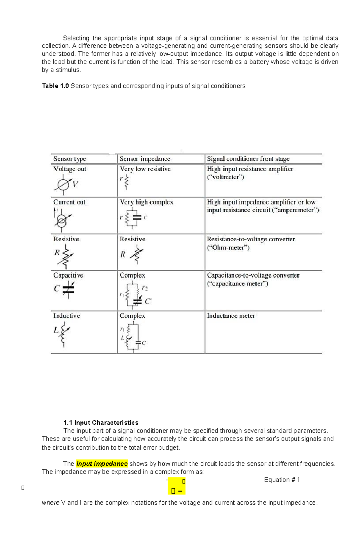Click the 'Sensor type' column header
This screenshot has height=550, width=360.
70,159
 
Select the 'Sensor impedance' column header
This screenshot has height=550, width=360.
145,159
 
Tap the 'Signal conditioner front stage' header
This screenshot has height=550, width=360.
248,159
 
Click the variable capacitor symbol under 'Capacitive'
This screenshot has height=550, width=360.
68,290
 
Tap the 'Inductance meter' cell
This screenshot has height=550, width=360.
231,316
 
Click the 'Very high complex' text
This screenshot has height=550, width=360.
146,202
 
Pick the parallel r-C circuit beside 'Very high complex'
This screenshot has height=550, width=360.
133,218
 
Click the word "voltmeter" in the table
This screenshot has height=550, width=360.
225,177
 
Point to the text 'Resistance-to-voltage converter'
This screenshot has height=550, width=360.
251,239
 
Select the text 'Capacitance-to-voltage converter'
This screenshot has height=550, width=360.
253,275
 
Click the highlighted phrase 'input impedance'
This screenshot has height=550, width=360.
102,464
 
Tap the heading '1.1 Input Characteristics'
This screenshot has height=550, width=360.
101,423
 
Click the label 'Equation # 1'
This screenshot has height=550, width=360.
282,480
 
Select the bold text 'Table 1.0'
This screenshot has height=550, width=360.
55,86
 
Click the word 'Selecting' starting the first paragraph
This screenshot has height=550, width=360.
76,38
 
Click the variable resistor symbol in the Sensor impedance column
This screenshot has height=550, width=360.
136,254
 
